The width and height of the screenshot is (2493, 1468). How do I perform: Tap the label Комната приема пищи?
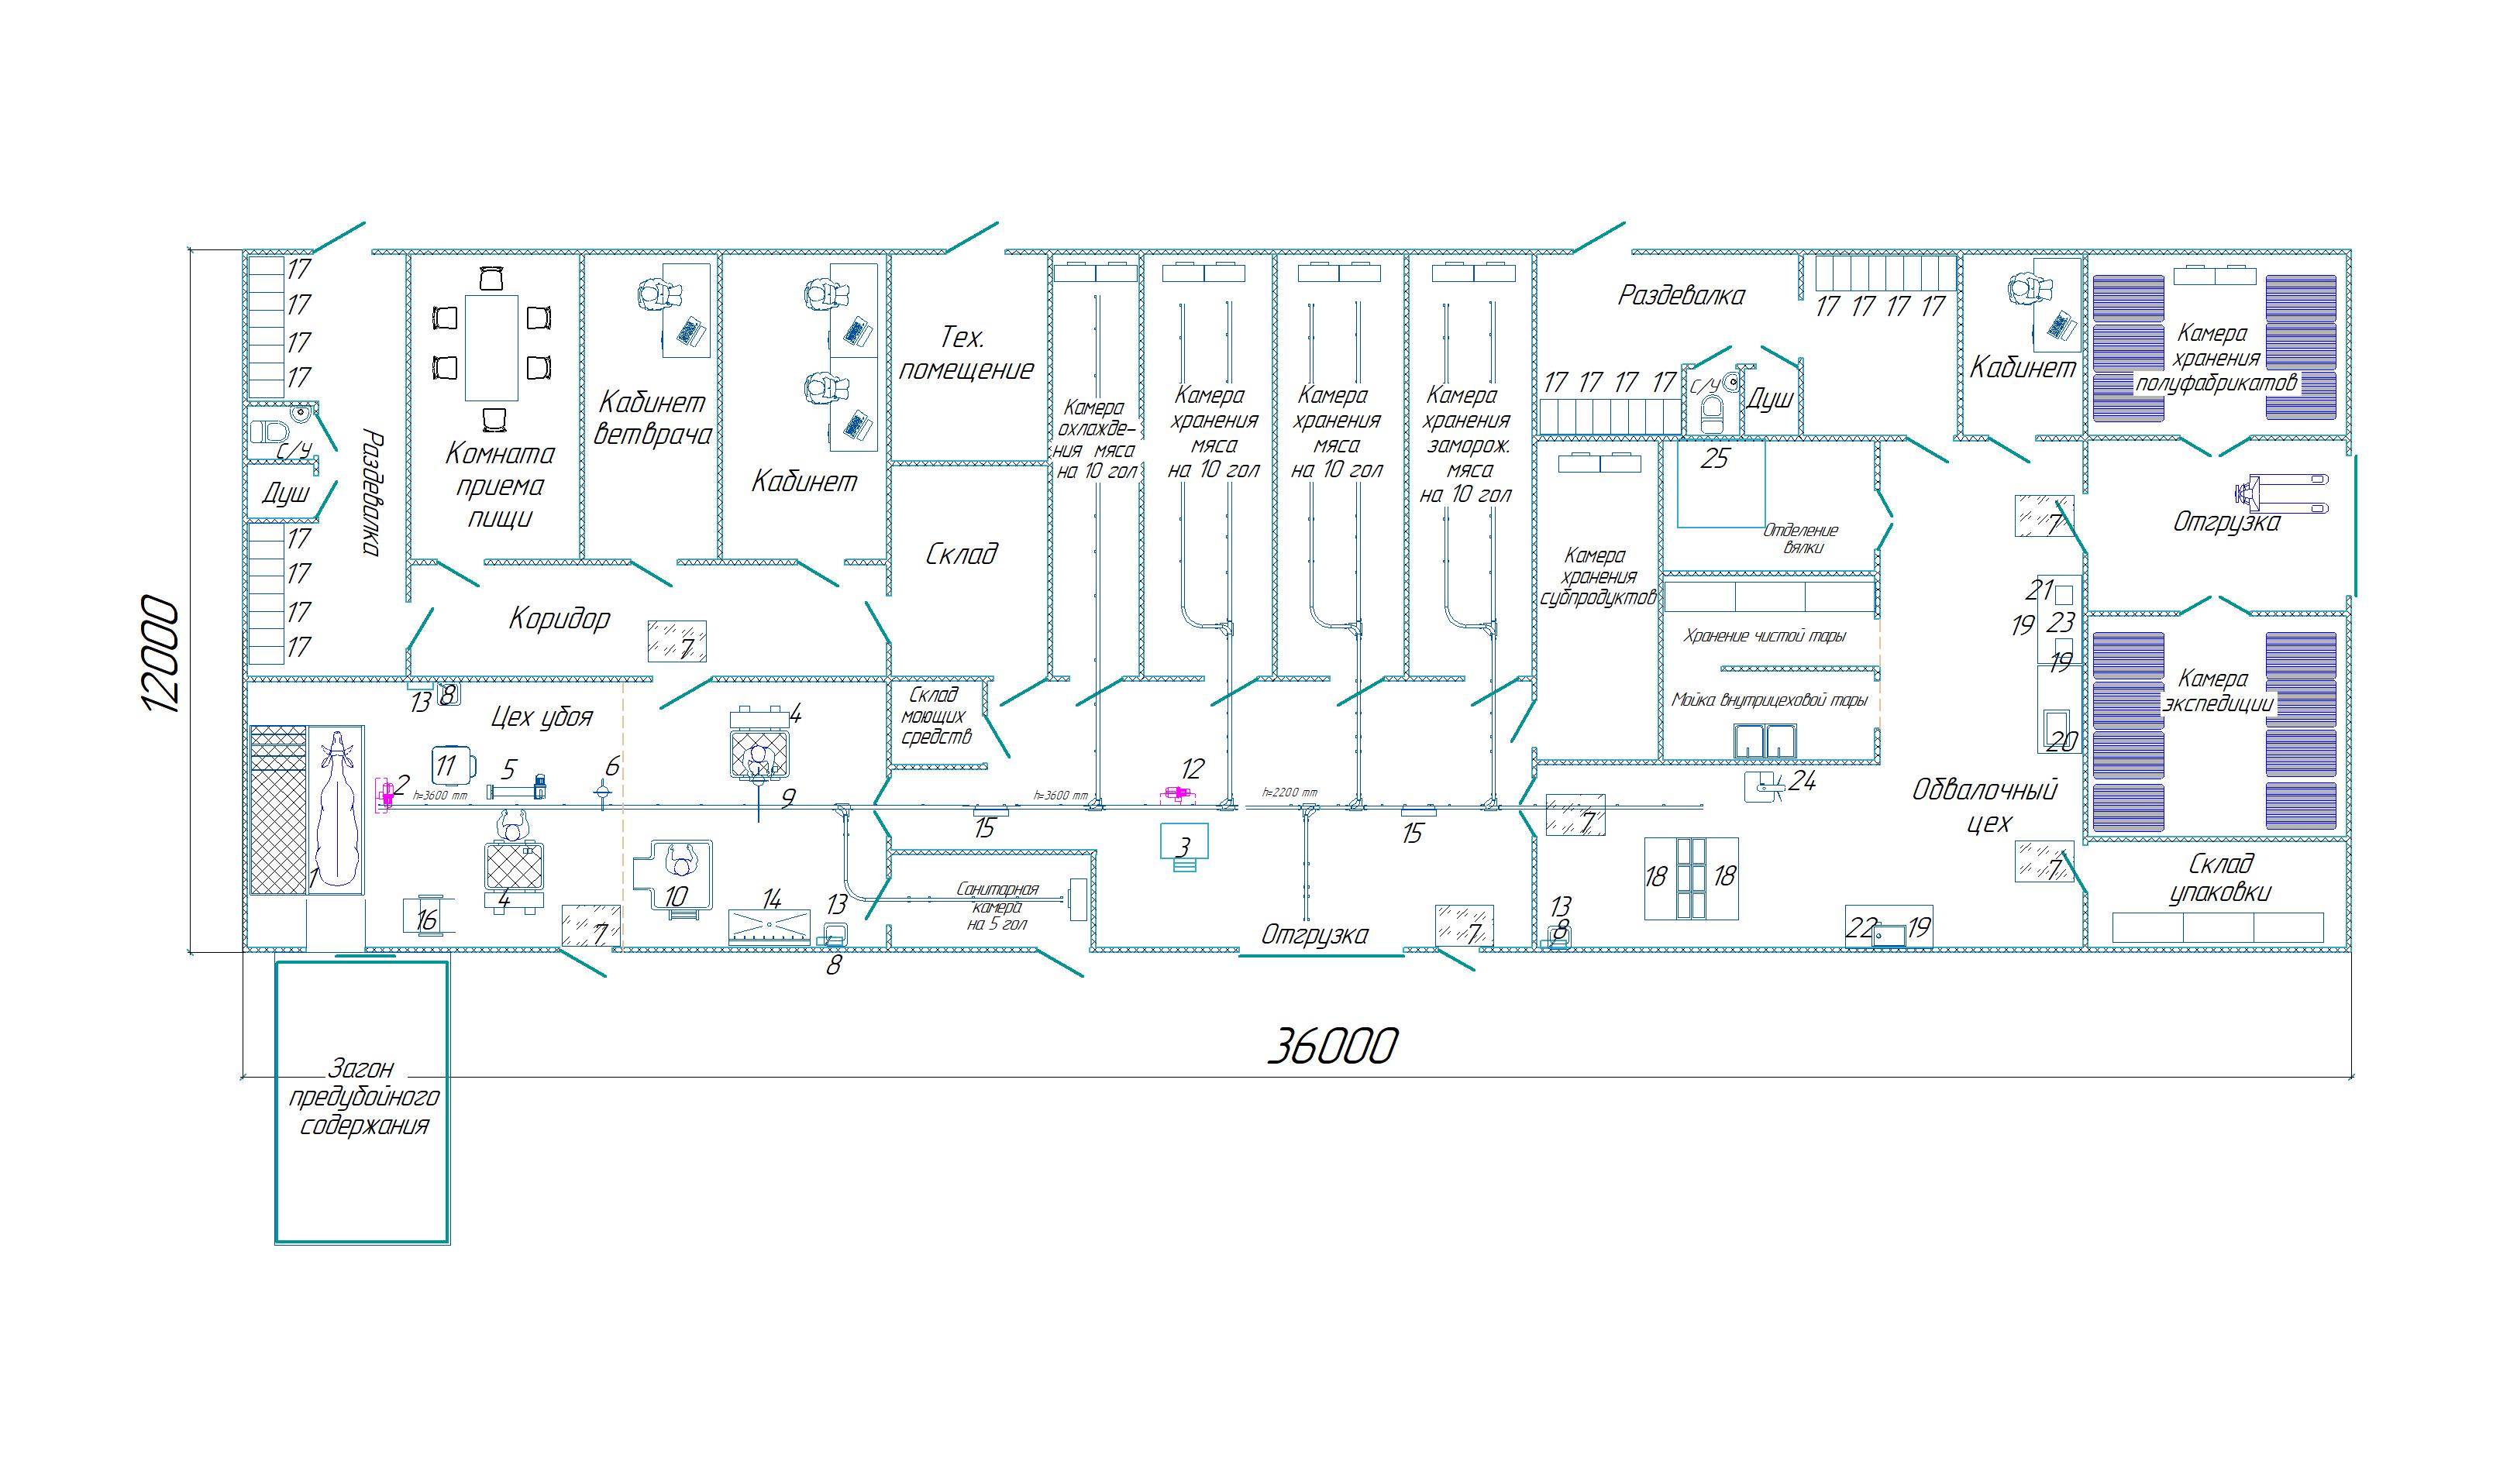(500, 485)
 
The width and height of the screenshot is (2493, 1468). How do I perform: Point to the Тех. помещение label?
(966, 353)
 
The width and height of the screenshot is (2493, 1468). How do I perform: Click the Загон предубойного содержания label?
(363, 1097)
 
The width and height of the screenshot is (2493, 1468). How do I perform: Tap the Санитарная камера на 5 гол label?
(997, 906)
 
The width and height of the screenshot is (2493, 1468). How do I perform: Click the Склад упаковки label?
(2219, 878)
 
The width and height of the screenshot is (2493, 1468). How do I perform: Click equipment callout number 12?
(1192, 768)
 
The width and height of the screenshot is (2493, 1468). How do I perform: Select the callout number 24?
(1803, 782)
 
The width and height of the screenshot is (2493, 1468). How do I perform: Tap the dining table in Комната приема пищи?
(491, 346)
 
